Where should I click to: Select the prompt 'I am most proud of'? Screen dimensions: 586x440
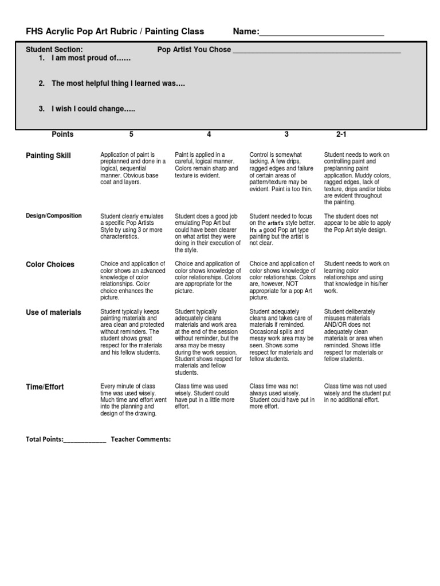(x=91, y=59)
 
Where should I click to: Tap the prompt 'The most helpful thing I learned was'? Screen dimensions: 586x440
(x=118, y=84)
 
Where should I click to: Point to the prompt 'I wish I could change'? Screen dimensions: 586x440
(x=93, y=109)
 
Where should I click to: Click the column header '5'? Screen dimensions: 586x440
(x=131, y=134)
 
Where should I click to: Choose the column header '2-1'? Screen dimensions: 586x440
(x=341, y=134)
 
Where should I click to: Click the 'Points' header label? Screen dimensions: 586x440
(x=62, y=134)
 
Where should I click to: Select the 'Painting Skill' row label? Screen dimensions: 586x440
(x=49, y=156)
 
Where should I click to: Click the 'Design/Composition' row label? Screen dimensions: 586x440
(x=54, y=216)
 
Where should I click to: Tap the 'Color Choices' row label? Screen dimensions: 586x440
(x=50, y=264)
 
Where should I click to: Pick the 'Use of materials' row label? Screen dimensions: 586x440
(x=53, y=312)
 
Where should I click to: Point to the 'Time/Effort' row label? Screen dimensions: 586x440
(x=45, y=387)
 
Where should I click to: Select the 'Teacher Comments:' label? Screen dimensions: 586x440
(x=141, y=439)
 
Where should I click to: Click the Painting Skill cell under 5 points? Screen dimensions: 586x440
(x=133, y=168)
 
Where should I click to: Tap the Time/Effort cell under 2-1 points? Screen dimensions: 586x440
(x=357, y=393)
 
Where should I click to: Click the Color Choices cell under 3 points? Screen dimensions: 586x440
(x=282, y=280)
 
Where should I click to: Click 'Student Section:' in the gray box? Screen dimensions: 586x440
(x=54, y=50)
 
